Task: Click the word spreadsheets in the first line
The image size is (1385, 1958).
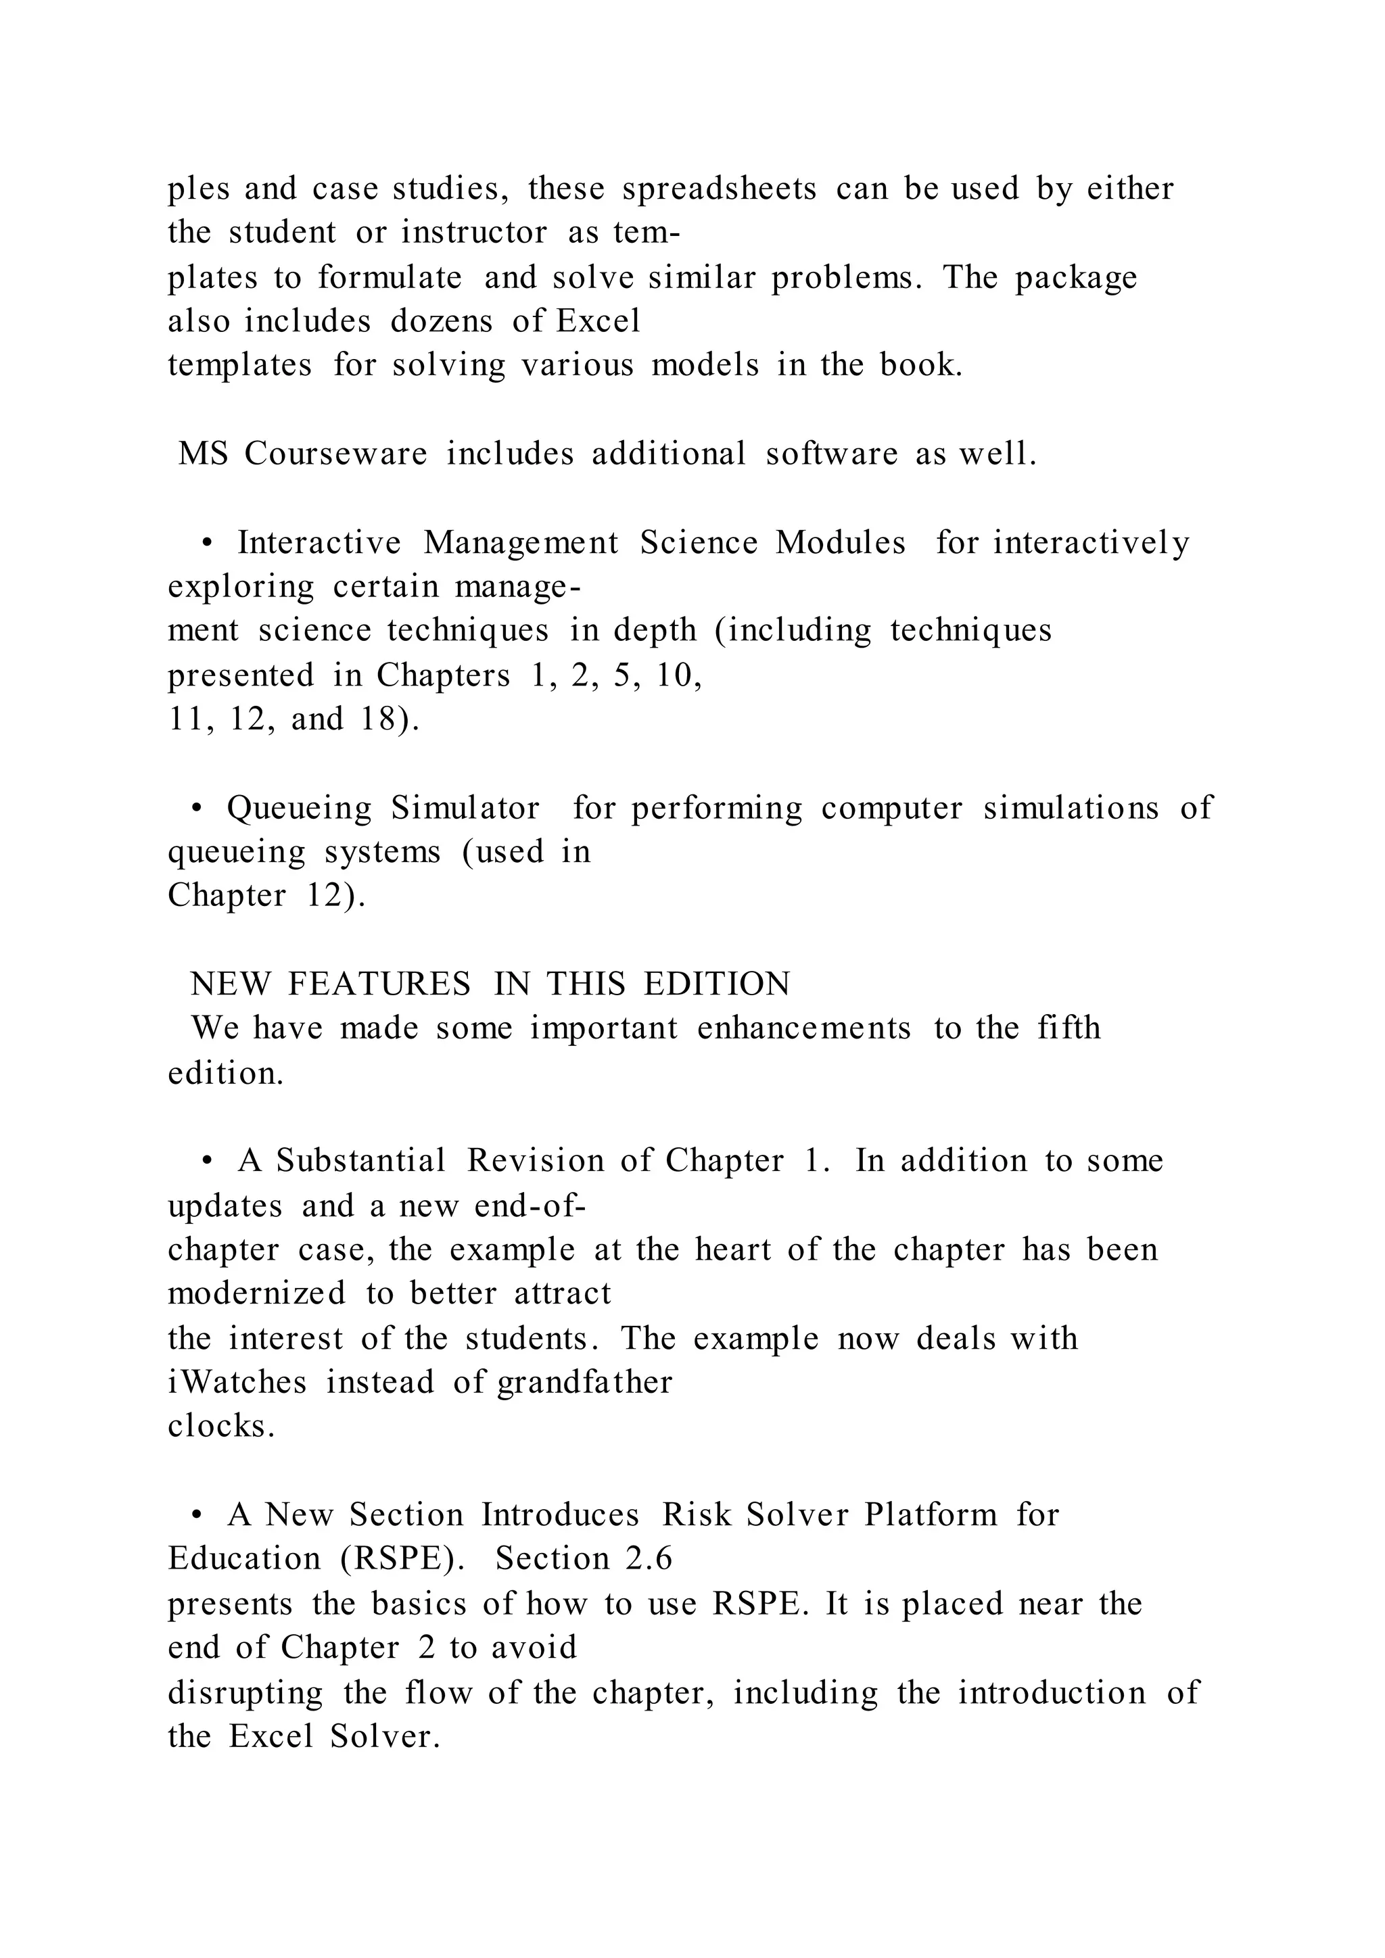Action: coord(719,189)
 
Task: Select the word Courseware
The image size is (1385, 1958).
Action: coord(335,453)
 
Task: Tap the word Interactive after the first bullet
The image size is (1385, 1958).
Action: coord(319,542)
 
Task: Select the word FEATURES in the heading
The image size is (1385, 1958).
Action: coord(379,984)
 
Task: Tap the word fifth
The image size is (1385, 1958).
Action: coord(1069,1028)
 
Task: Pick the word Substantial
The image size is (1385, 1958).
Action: coord(360,1161)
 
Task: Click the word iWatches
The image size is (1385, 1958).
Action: coord(237,1381)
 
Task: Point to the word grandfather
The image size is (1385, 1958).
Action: coord(585,1381)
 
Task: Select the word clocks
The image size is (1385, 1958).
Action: coord(221,1426)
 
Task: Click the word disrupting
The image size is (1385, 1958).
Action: coord(245,1692)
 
